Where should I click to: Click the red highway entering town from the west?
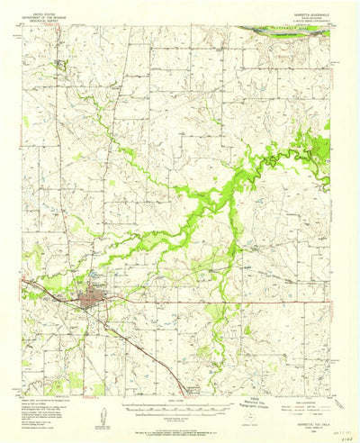(45, 291)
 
